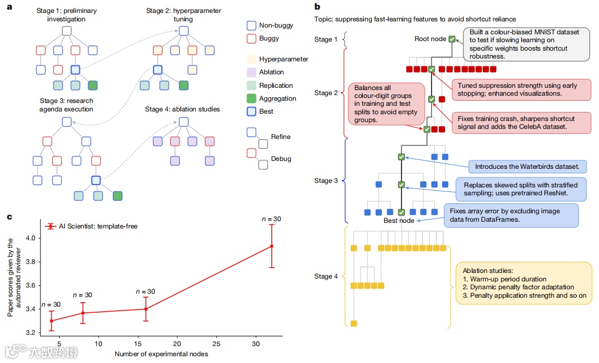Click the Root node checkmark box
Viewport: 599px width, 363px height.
click(452, 39)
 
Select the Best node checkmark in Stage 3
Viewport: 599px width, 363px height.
click(401, 212)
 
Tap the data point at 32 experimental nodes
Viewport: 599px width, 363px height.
click(272, 246)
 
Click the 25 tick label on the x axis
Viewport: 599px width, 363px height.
click(217, 343)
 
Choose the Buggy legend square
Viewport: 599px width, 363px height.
click(251, 39)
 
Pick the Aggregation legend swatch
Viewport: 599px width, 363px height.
click(251, 98)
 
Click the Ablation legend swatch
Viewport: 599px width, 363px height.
click(251, 72)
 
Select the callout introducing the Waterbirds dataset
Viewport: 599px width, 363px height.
click(527, 167)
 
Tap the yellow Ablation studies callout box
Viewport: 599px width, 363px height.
click(523, 283)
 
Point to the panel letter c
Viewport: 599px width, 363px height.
click(10, 217)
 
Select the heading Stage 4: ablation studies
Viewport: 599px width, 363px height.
click(182, 109)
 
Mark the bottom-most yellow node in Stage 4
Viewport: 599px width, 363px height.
click(354, 323)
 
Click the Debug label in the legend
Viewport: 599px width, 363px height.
click(281, 159)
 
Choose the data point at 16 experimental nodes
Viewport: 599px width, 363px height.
click(146, 308)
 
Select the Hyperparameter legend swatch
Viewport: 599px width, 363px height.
click(251, 59)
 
